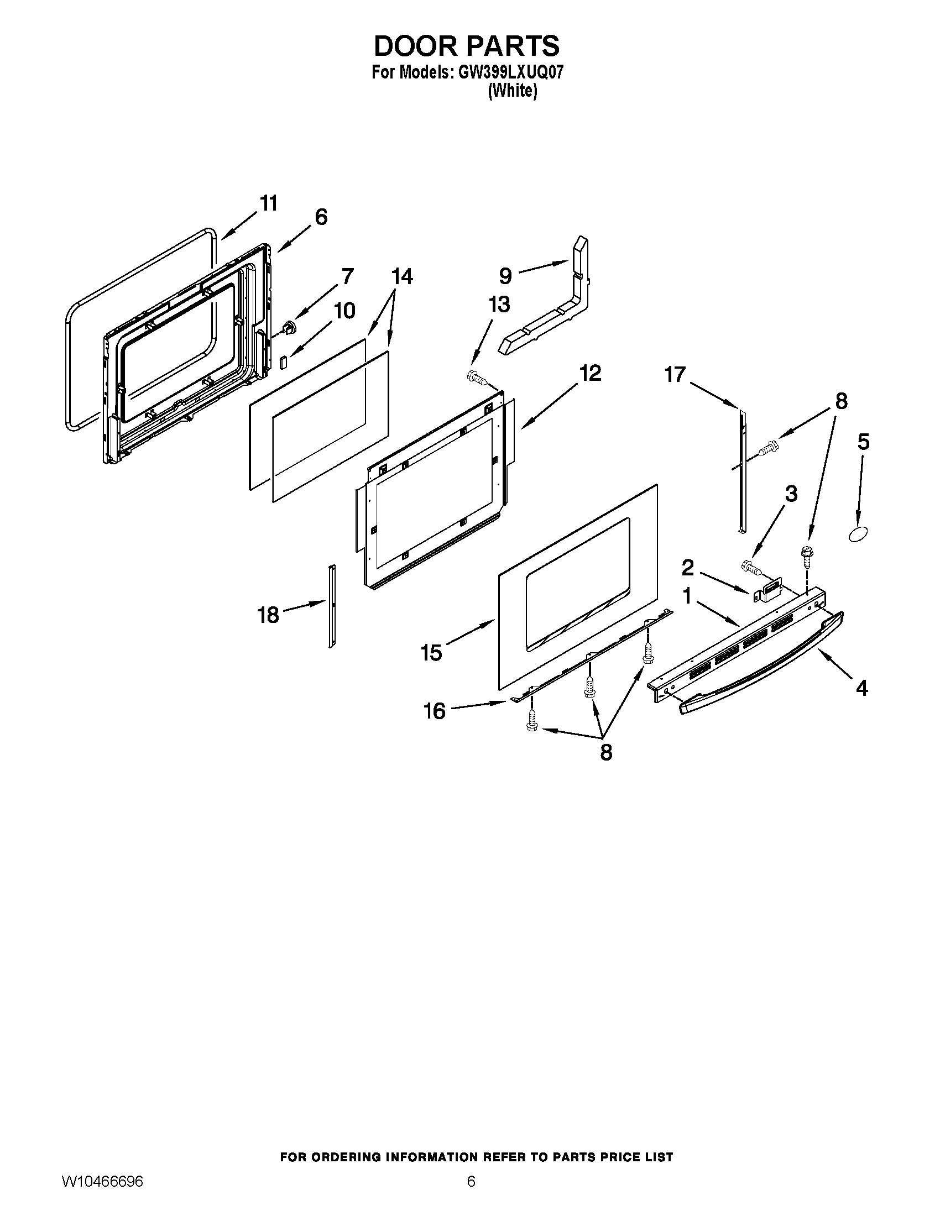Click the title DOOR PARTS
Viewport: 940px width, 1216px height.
tap(467, 46)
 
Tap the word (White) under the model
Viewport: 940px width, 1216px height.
tap(513, 91)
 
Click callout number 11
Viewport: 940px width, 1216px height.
tap(269, 204)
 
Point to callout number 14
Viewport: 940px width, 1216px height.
tap(402, 276)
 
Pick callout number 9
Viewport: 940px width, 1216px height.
tap(505, 276)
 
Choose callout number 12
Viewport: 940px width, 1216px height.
tap(591, 373)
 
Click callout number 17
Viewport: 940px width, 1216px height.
tap(675, 375)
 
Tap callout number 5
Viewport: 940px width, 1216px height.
tap(863, 442)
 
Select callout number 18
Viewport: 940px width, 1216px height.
tap(268, 615)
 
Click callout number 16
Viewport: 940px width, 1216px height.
tap(435, 711)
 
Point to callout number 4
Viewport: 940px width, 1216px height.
tap(861, 689)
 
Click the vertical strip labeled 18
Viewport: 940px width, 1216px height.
tap(332, 607)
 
